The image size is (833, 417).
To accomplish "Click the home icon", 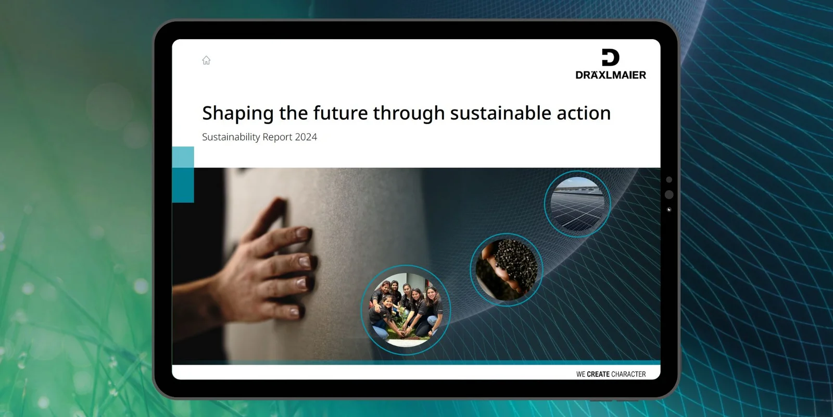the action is (x=206, y=60).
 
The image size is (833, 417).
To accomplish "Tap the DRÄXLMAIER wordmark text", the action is (x=611, y=75).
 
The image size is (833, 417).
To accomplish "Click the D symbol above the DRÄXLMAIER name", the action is (x=611, y=58).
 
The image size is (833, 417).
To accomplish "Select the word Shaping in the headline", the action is (x=237, y=113).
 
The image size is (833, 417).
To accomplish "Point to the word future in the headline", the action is (x=340, y=113).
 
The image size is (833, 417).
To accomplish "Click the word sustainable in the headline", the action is (x=500, y=113).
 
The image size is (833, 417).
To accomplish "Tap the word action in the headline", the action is (x=584, y=113).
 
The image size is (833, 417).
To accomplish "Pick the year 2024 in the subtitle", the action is (x=306, y=137).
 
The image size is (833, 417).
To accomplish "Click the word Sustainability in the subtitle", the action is (x=231, y=137).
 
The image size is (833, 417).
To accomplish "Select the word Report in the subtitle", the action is (x=277, y=138).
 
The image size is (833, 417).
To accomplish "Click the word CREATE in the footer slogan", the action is (x=598, y=374).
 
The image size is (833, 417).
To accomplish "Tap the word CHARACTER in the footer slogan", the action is (x=628, y=374).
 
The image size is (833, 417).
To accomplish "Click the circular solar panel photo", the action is (x=577, y=204).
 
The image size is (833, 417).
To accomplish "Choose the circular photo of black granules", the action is (x=507, y=269).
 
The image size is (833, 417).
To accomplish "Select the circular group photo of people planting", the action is (x=406, y=310).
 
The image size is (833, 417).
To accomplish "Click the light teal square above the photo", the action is (x=183, y=157).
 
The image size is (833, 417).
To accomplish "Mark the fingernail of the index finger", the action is (x=304, y=234).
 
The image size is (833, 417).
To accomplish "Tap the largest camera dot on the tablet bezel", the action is (x=669, y=194).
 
